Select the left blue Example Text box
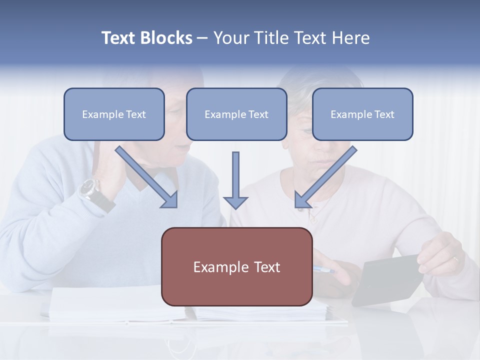click(114, 114)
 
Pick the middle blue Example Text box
click(236, 114)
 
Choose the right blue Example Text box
click(362, 114)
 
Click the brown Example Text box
click(236, 266)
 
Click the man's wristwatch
click(89, 188)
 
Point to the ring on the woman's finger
click(455, 259)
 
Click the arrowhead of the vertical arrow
click(235, 202)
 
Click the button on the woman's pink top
click(311, 218)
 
